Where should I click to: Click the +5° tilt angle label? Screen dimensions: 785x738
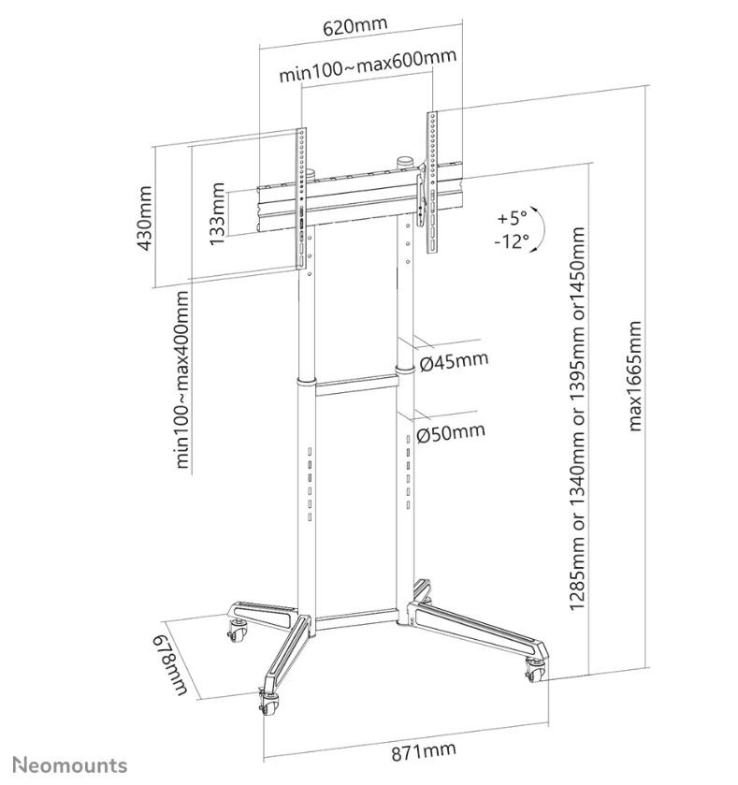(x=512, y=217)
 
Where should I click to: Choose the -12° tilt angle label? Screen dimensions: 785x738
(x=512, y=241)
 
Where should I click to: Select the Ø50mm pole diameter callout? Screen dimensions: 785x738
(x=452, y=431)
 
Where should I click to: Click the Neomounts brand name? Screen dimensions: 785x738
(x=70, y=765)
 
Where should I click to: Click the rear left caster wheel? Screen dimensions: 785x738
(x=233, y=631)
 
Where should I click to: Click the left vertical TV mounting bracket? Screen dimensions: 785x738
(x=301, y=196)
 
